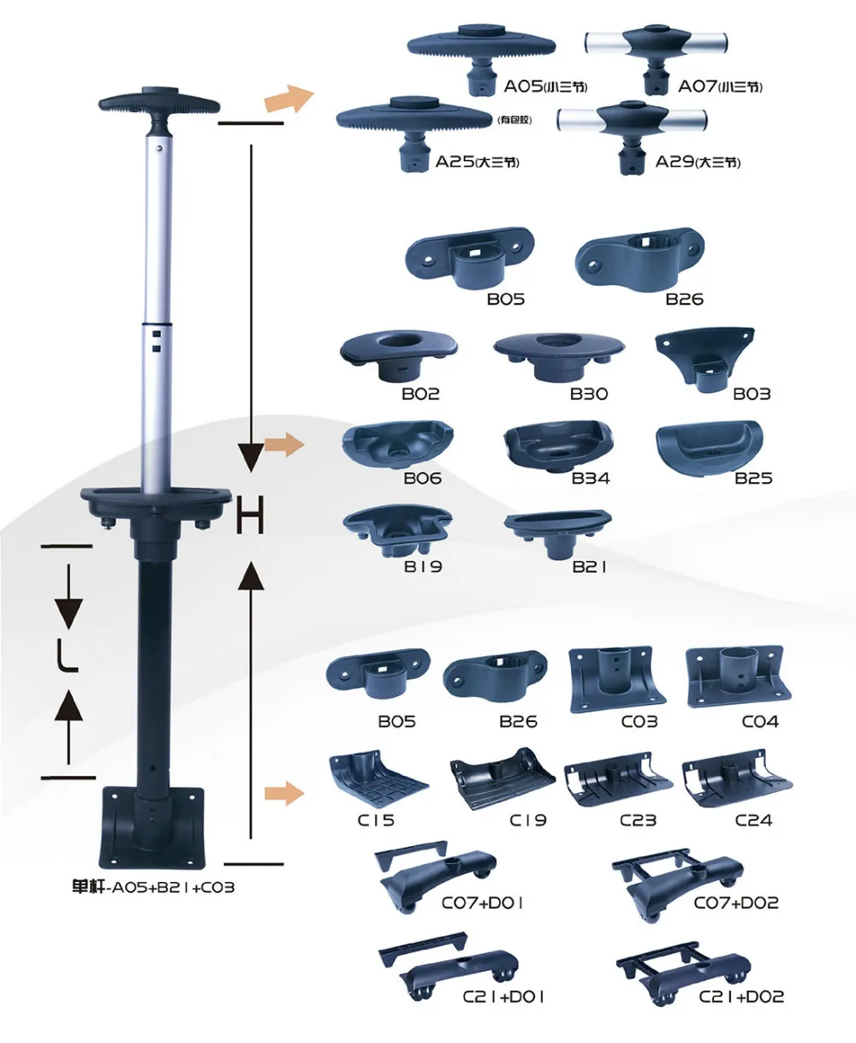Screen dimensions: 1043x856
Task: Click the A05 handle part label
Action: (544, 86)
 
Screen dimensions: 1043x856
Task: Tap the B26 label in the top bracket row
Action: (684, 300)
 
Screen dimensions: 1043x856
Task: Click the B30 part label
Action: (589, 394)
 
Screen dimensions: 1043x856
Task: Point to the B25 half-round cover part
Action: (707, 443)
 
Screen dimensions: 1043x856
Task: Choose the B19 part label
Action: (423, 567)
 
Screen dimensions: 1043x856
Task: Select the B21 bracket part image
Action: (558, 529)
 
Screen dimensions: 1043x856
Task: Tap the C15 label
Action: (376, 820)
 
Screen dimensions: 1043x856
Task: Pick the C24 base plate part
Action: (736, 781)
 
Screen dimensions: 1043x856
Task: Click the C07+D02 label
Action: (736, 903)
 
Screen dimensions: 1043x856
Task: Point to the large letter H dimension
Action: (250, 517)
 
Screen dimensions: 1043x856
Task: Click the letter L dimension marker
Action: (68, 657)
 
